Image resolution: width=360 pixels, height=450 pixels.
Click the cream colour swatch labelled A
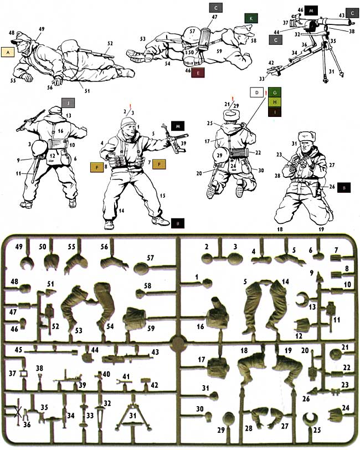tap(8, 52)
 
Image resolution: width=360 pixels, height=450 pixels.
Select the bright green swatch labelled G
tap(274, 92)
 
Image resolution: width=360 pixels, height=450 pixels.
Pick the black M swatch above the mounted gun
tap(312, 11)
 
